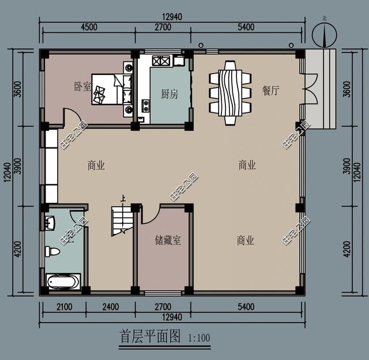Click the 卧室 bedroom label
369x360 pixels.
point(82,86)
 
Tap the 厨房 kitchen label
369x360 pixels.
point(170,94)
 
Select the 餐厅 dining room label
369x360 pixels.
point(271,90)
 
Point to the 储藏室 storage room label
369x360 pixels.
point(168,240)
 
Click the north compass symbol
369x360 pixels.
point(325,35)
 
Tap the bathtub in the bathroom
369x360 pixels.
point(63,281)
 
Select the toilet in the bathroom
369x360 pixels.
point(52,251)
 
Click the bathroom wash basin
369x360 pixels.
point(50,222)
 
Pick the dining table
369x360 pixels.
point(230,93)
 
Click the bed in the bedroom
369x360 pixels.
point(112,89)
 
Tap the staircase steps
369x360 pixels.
point(122,221)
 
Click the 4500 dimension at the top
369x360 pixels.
point(89,27)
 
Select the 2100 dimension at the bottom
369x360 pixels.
point(64,307)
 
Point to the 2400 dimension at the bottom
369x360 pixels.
point(111,307)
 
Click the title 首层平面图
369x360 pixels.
point(150,336)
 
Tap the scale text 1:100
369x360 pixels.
point(199,338)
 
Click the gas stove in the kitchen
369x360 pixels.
point(161,60)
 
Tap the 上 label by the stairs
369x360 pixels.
point(123,199)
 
